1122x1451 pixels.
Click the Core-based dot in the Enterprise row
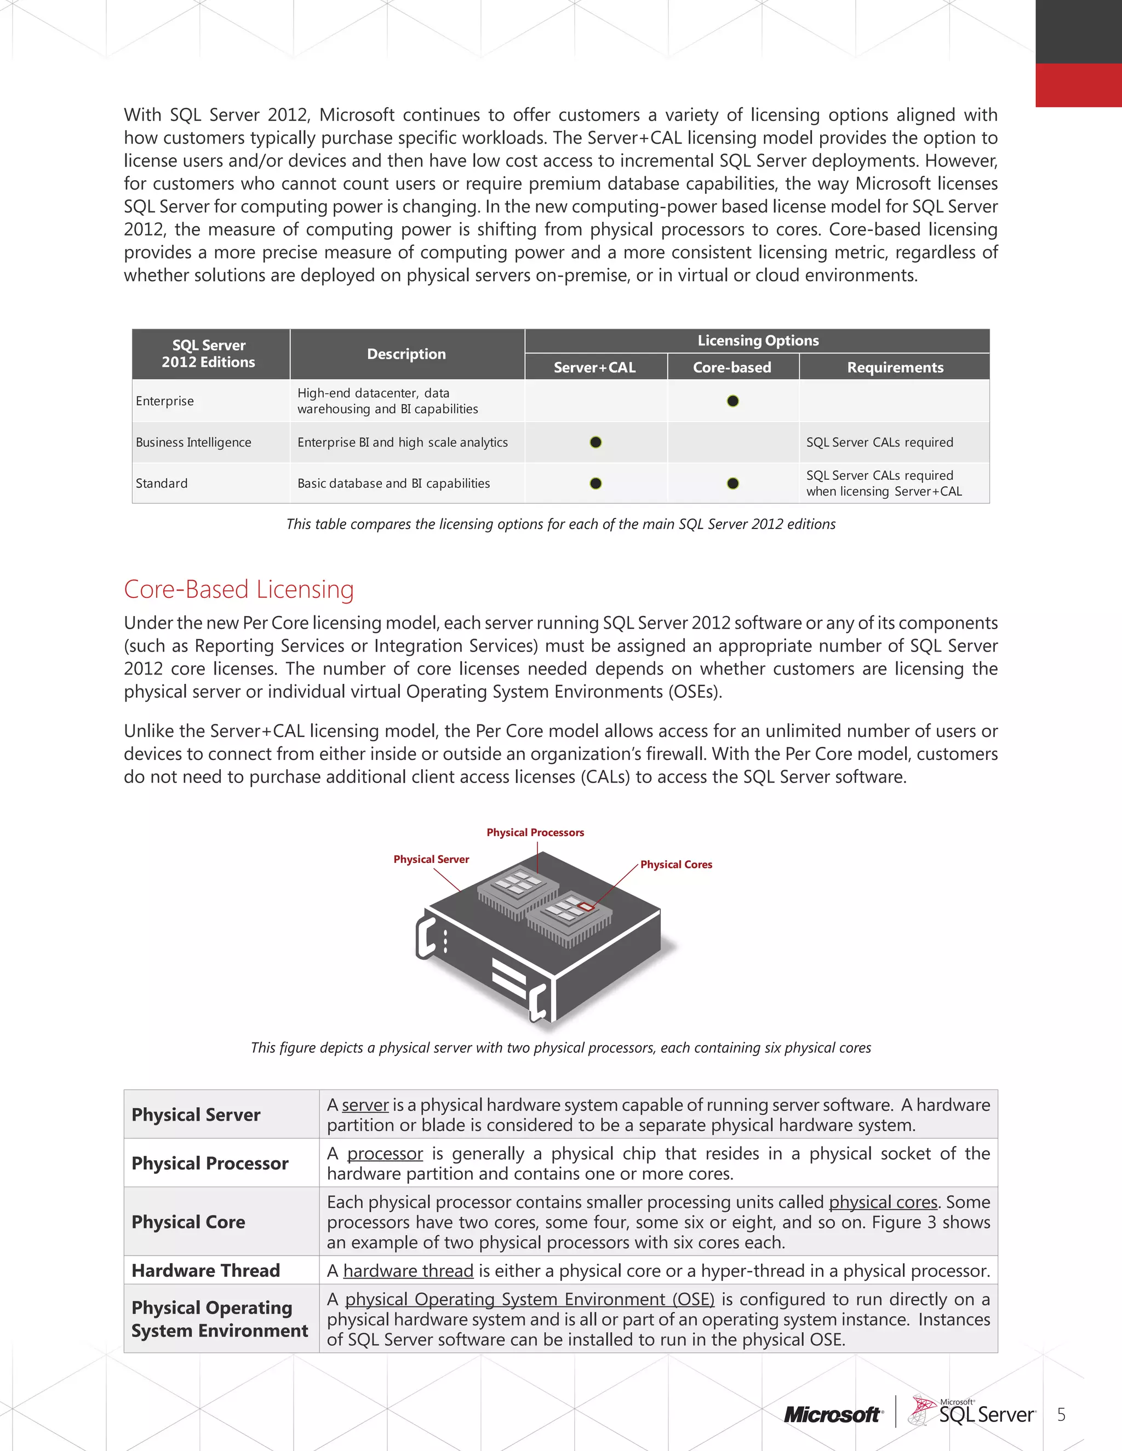[x=732, y=401]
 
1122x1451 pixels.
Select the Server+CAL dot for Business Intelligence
[x=596, y=442]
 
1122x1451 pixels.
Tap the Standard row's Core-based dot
[x=732, y=483]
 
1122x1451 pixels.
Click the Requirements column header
[x=895, y=367]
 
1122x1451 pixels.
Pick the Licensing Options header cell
[x=758, y=340]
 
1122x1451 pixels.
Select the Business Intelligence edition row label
[x=193, y=442]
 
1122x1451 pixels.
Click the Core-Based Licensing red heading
[x=239, y=589]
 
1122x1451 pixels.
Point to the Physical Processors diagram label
[x=535, y=832]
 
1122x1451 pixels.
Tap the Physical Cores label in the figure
[x=676, y=865]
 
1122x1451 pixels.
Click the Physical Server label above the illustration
[x=431, y=859]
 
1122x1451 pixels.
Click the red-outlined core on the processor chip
[x=586, y=907]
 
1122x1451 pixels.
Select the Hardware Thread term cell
[x=205, y=1270]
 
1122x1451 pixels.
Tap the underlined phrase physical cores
[x=883, y=1202]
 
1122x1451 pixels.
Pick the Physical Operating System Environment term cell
[x=219, y=1319]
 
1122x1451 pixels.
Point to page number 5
[x=1061, y=1414]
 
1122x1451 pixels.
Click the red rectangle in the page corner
[x=1078, y=85]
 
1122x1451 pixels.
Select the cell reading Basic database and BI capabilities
[x=393, y=483]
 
